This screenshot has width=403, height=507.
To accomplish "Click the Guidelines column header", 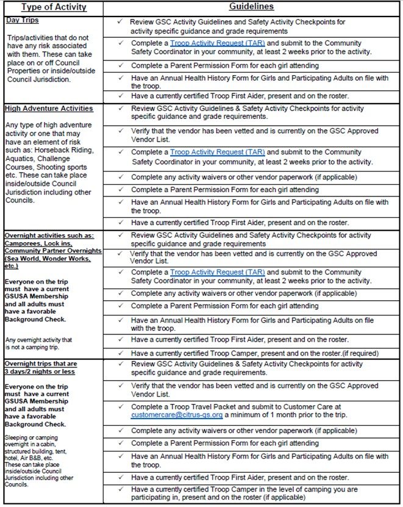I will (x=251, y=7).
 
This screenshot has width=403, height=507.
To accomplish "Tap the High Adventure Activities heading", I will (x=49, y=109).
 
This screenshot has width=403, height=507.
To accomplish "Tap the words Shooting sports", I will (x=66, y=166).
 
